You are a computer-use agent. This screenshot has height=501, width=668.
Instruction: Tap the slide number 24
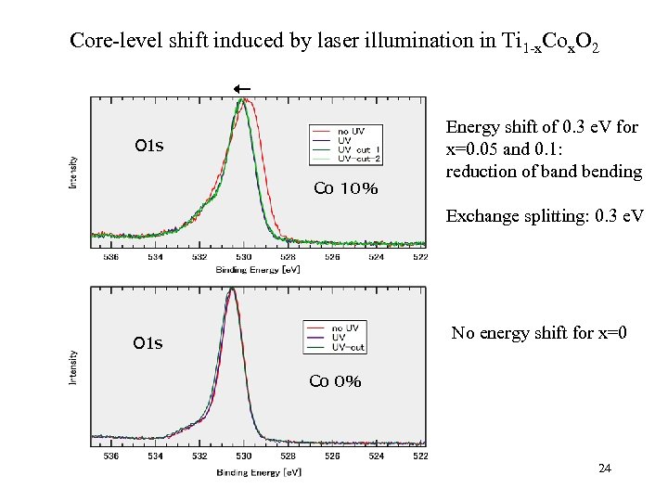pyautogui.click(x=605, y=469)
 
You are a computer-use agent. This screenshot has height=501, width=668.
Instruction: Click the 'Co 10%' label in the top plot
pyautogui.click(x=345, y=188)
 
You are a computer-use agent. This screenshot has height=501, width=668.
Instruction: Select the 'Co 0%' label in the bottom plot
pyautogui.click(x=335, y=381)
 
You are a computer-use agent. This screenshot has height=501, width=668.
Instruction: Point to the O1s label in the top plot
pyautogui.click(x=148, y=146)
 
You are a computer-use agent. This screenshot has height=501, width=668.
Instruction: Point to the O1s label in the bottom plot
pyautogui.click(x=148, y=343)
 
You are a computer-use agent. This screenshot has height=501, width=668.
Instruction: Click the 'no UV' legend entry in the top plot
pyautogui.click(x=351, y=131)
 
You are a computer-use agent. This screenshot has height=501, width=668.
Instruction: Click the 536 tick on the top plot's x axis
pyautogui.click(x=110, y=257)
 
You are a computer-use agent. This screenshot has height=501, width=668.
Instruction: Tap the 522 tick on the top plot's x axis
pyautogui.click(x=420, y=257)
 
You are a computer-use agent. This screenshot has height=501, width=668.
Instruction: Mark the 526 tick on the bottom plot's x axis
pyautogui.click(x=331, y=456)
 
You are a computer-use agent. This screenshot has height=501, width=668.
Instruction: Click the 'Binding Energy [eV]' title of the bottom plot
pyautogui.click(x=259, y=472)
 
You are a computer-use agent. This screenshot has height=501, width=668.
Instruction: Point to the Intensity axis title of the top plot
pyautogui.click(x=73, y=173)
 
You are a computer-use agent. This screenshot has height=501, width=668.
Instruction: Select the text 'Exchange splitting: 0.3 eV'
pyautogui.click(x=545, y=216)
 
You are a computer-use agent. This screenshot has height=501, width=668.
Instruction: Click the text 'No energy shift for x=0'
pyautogui.click(x=539, y=332)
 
